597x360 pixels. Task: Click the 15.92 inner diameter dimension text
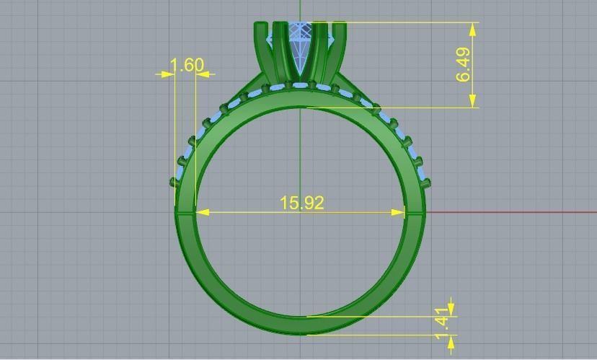click(302, 203)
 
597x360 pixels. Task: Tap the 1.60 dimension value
click(187, 65)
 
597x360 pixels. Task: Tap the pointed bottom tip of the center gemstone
click(301, 76)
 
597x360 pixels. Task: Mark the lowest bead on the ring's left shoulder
click(174, 182)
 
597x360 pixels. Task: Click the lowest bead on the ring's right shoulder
click(427, 183)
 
